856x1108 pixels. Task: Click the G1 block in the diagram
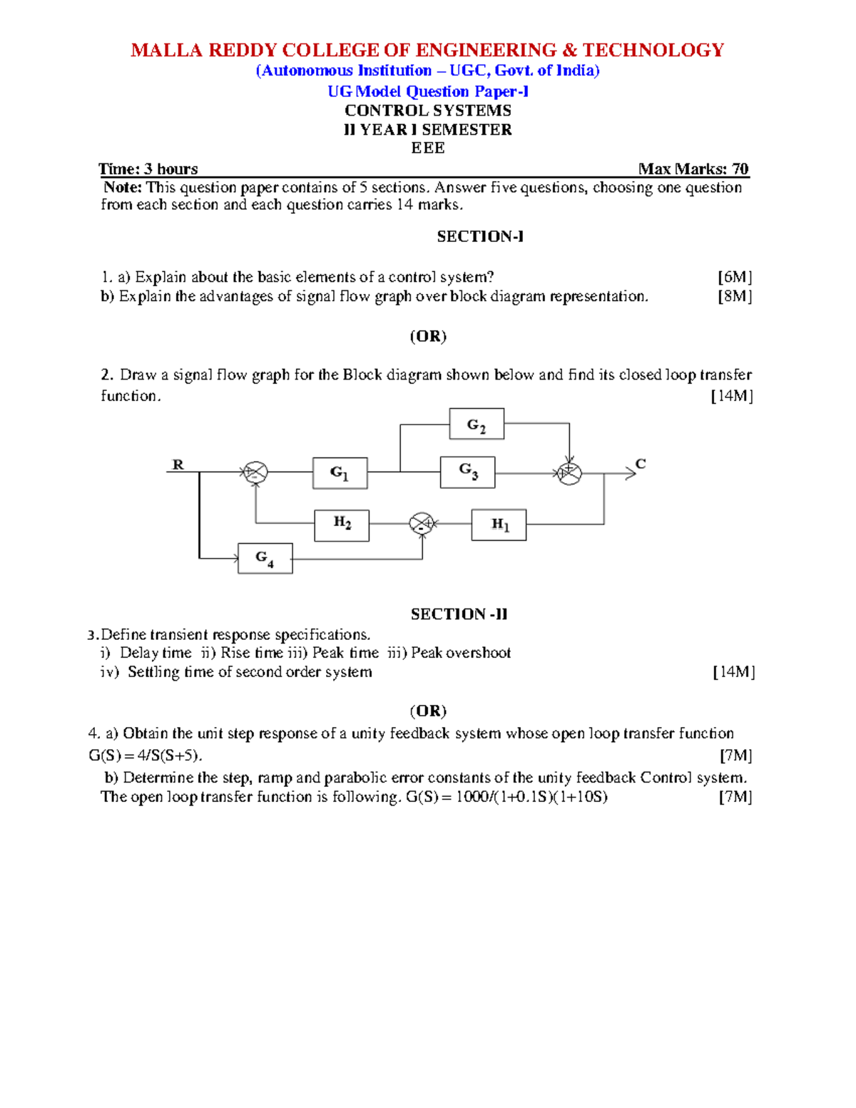pyautogui.click(x=340, y=473)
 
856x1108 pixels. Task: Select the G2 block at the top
pyautogui.click(x=477, y=425)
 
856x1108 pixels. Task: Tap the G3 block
pyautogui.click(x=468, y=472)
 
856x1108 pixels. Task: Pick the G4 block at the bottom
pyautogui.click(x=265, y=559)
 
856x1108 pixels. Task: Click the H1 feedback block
pyautogui.click(x=499, y=525)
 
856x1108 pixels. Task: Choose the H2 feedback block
pyautogui.click(x=342, y=524)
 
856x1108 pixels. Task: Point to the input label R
pyautogui.click(x=178, y=464)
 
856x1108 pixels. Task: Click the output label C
pyautogui.click(x=641, y=464)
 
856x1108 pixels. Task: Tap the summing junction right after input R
pyautogui.click(x=255, y=472)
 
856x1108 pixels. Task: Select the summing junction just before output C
pyautogui.click(x=569, y=473)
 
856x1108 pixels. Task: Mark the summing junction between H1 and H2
pyautogui.click(x=422, y=524)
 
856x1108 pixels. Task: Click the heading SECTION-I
pyautogui.click(x=480, y=237)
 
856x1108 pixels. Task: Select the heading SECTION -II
pyautogui.click(x=459, y=614)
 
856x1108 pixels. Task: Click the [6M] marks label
pyautogui.click(x=735, y=277)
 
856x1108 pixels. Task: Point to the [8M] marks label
pyautogui.click(x=735, y=296)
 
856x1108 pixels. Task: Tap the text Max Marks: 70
pyautogui.click(x=693, y=169)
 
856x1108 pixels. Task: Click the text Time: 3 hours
pyautogui.click(x=148, y=169)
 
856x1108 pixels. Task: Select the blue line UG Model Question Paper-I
pyautogui.click(x=428, y=91)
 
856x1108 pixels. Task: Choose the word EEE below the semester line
pyautogui.click(x=428, y=148)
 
